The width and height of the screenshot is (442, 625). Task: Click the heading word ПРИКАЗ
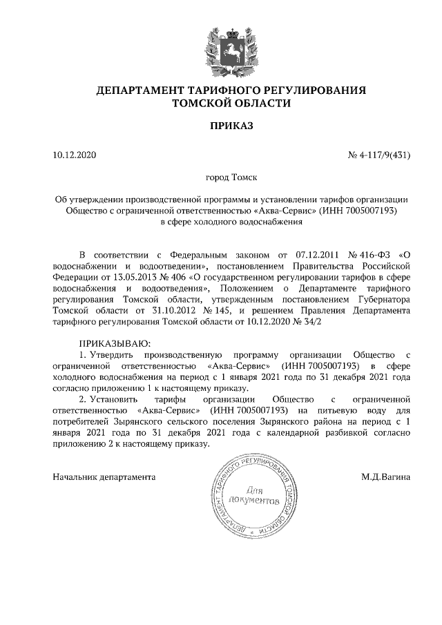231,126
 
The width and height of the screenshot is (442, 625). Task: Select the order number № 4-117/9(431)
379,155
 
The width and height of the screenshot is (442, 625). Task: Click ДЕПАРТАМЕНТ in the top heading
138,90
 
